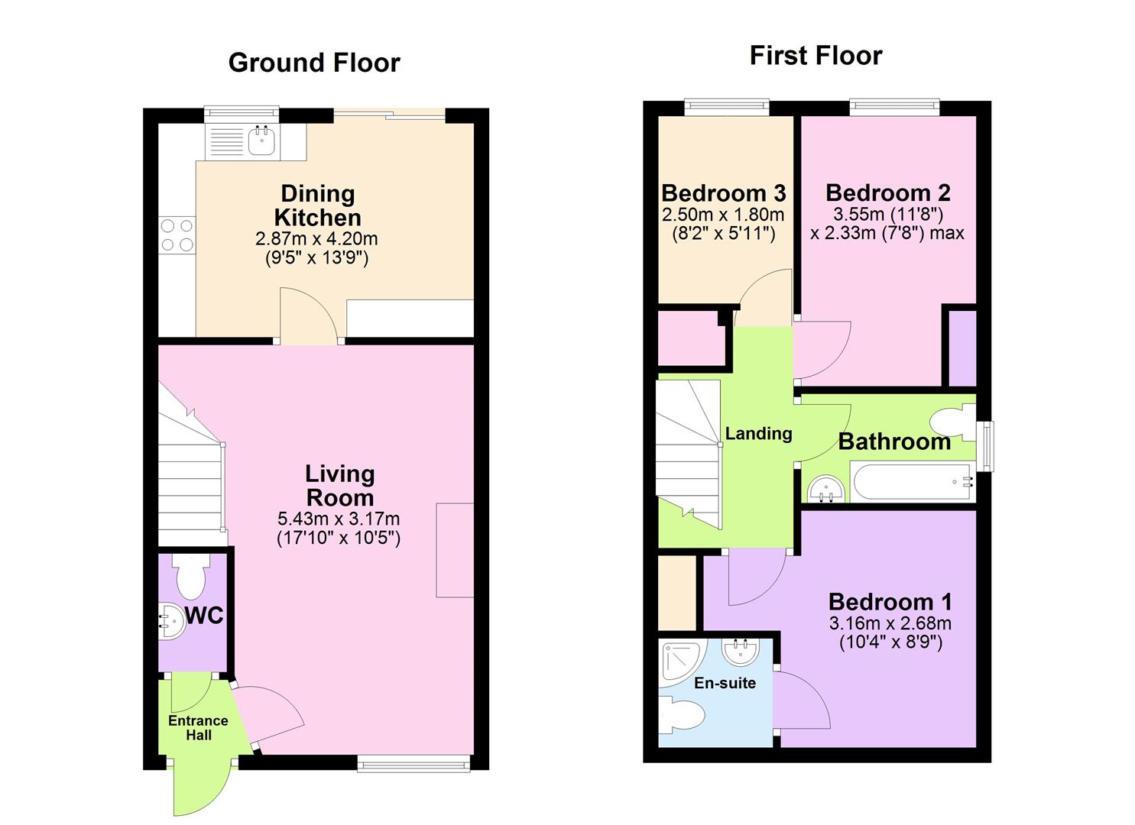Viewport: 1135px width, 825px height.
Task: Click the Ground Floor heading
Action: coord(314,63)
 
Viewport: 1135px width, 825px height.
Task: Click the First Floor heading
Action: coord(816,56)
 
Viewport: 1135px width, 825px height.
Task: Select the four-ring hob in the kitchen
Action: coord(177,235)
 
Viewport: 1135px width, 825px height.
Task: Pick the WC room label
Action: coord(204,616)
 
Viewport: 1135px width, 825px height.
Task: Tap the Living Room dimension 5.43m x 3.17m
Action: coord(339,519)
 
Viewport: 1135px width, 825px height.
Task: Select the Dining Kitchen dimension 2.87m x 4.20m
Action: coord(316,239)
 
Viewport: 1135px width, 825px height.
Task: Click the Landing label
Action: coord(758,434)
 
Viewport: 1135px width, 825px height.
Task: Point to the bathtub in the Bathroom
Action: coord(911,482)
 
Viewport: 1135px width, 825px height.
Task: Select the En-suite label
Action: coord(725,683)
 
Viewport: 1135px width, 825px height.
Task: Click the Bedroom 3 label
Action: coord(723,193)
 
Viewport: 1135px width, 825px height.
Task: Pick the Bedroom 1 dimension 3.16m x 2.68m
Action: coord(890,624)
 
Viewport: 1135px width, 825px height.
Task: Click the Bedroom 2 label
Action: coord(888,192)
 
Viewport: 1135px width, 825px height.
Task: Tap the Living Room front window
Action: coord(413,762)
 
